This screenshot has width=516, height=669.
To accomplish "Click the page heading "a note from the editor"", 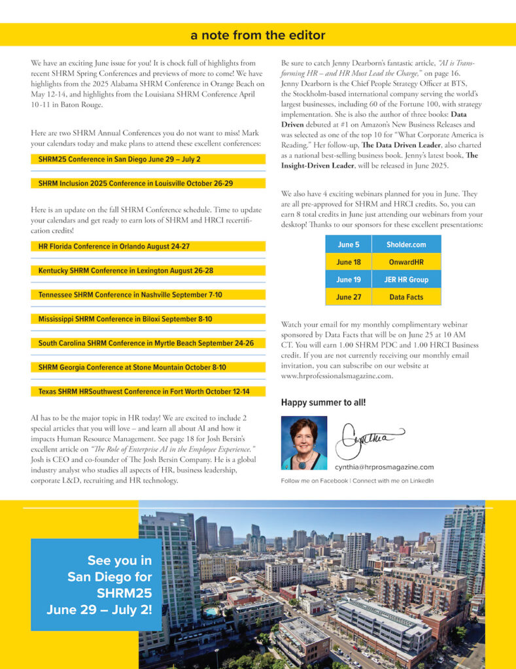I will coord(258,35).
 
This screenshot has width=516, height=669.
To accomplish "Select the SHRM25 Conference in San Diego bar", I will coord(148,159).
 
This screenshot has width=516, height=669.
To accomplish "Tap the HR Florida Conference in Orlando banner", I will coord(148,246).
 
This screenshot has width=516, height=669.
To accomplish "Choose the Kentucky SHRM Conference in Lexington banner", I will coord(148,270).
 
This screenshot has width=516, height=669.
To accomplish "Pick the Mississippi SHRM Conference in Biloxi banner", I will coord(148,319).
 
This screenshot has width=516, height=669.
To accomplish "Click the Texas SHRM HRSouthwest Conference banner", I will coord(148,391).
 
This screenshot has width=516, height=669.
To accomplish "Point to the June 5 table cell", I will coord(348,244).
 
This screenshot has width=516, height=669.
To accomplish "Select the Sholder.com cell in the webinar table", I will coord(406,244).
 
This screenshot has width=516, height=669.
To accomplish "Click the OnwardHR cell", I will coord(406,262).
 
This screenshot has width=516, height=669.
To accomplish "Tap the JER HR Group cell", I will coord(406,280).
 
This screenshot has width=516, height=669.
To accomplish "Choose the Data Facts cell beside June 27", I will coord(406,297).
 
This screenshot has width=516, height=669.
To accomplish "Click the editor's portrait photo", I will coord(304,443).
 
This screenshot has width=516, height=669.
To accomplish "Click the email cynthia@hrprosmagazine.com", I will coord(384,467).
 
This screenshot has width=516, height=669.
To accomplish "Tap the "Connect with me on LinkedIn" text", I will coord(392,481).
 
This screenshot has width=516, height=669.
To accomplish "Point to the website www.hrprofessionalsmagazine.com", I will coord(337,376).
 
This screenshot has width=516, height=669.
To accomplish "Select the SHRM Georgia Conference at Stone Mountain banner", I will coord(148,367).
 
